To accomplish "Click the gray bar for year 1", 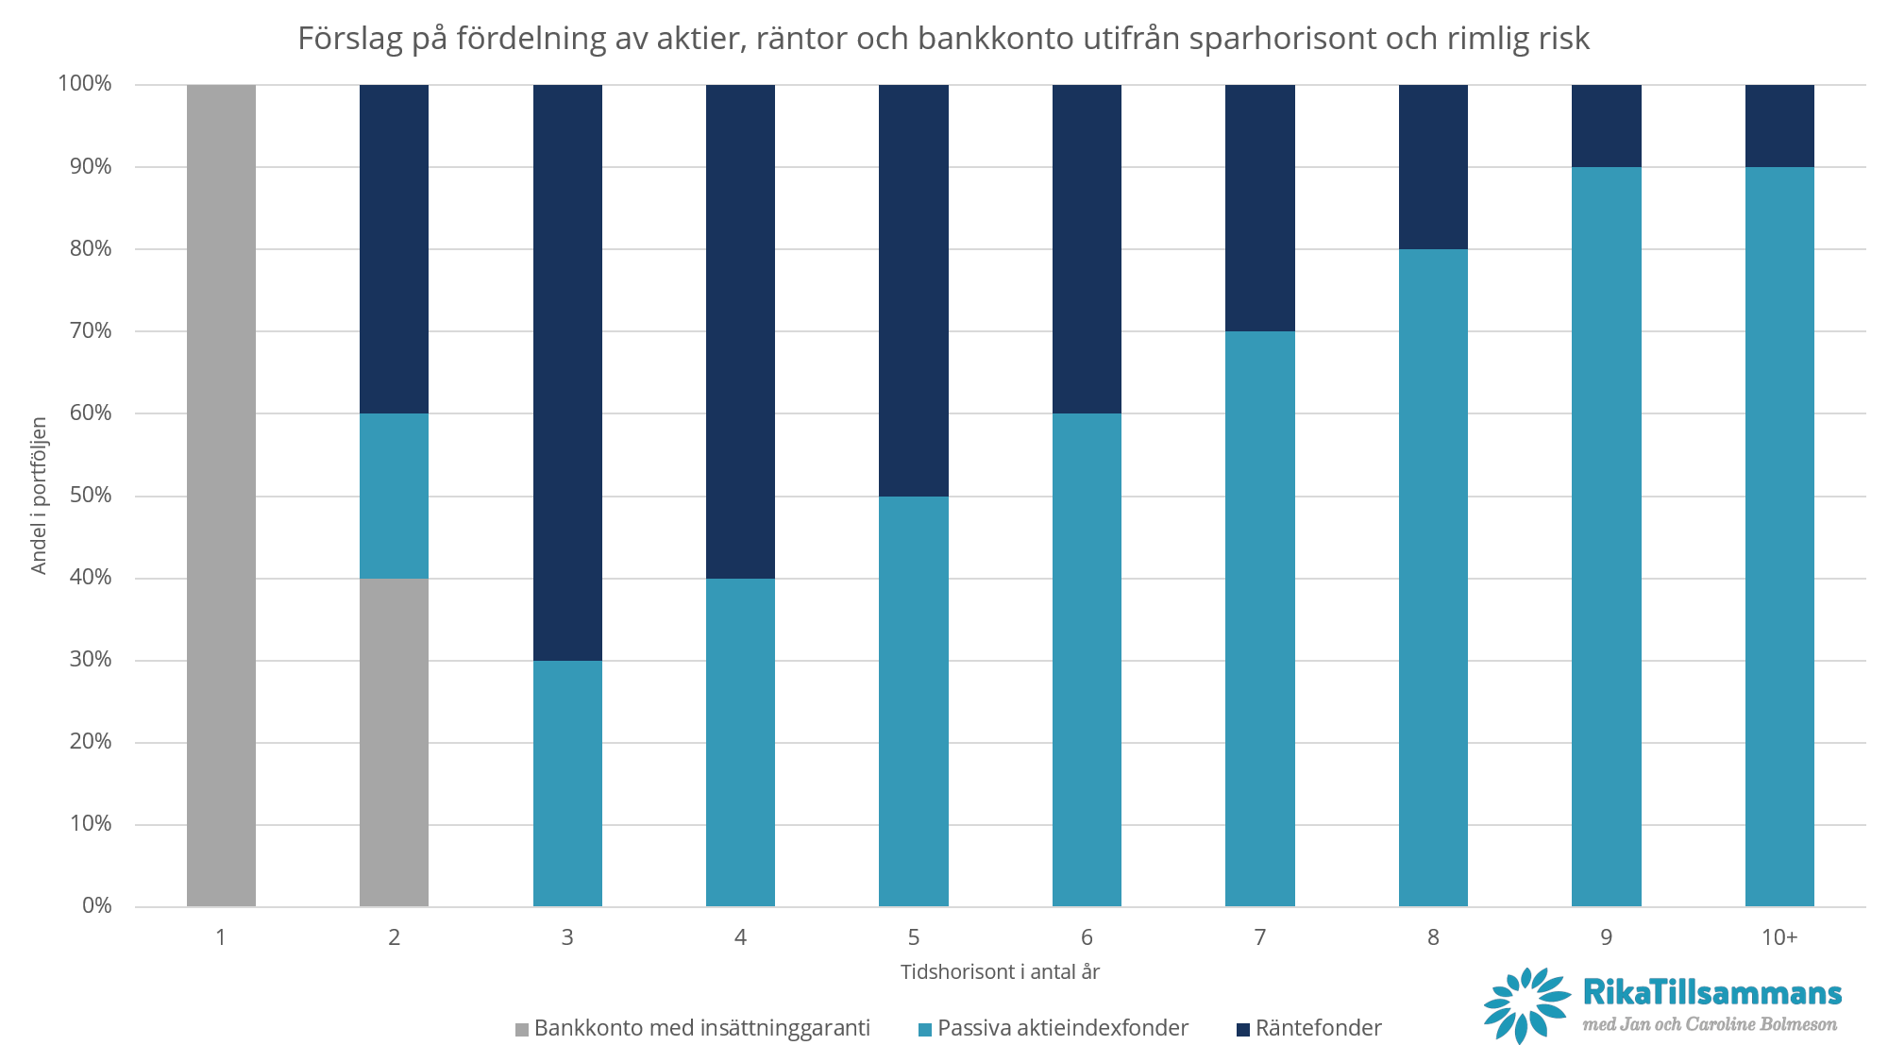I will [x=221, y=496].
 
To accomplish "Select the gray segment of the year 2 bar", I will [x=394, y=742].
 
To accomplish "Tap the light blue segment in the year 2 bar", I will [x=394, y=496].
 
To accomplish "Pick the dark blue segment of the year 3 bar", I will [x=567, y=373].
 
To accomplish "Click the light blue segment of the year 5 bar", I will [x=914, y=700].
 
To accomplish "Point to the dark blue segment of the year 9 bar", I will [x=1606, y=126].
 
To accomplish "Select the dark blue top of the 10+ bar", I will [x=1779, y=126].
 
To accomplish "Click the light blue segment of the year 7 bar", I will [x=1259, y=618].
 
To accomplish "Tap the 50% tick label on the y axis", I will [x=91, y=496].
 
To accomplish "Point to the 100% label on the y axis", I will [x=85, y=84].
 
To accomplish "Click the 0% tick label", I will [x=96, y=906].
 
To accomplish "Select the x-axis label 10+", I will [x=1779, y=937].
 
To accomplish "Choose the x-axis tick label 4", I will [x=740, y=937].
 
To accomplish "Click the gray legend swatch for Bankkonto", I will [x=522, y=1030].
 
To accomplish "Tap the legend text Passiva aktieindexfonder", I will [x=1063, y=1028].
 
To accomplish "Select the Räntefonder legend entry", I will [x=1318, y=1028].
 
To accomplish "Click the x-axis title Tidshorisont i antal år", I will [x=1000, y=972].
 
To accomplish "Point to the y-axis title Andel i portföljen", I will [x=39, y=496].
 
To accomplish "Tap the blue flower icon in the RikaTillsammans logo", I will [x=1526, y=1005].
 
